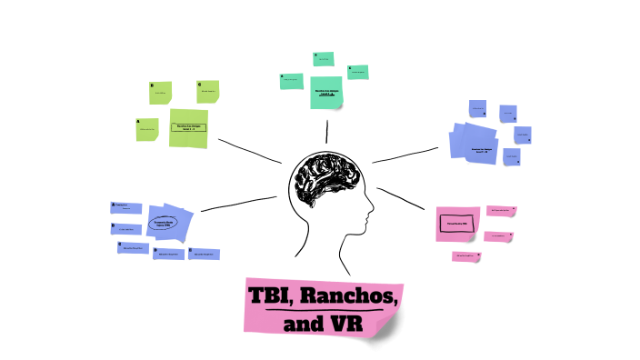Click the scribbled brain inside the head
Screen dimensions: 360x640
[x=327, y=180]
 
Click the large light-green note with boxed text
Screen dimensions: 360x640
[x=188, y=128]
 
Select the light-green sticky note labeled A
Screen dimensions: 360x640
[x=145, y=129]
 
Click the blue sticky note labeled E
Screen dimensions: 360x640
[x=202, y=255]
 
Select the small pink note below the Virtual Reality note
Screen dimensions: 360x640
[x=466, y=256]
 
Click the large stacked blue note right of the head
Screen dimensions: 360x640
[x=475, y=145]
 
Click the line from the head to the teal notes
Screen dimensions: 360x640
[x=326, y=131]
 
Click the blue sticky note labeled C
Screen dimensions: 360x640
[x=133, y=247]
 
